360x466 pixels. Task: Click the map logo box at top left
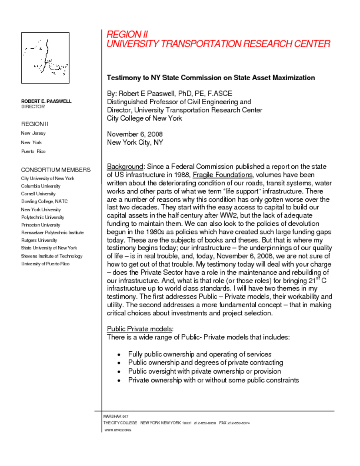[45, 58]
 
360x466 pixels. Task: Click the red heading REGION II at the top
[127, 35]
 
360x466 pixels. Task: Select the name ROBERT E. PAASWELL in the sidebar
[46, 101]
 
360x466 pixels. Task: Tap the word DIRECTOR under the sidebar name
[33, 107]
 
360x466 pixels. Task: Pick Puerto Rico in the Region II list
[33, 151]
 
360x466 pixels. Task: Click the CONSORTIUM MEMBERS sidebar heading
[56, 170]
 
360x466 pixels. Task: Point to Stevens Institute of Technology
[51, 256]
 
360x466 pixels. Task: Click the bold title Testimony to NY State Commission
[211, 78]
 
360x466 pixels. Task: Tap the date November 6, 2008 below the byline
[135, 134]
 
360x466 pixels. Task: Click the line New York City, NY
[135, 142]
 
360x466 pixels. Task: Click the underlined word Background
[125, 167]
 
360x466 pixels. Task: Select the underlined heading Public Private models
[140, 329]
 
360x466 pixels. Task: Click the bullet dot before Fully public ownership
[119, 355]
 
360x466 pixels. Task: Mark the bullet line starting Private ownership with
[213, 380]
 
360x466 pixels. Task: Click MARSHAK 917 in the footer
[116, 416]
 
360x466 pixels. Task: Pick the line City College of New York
[144, 118]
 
